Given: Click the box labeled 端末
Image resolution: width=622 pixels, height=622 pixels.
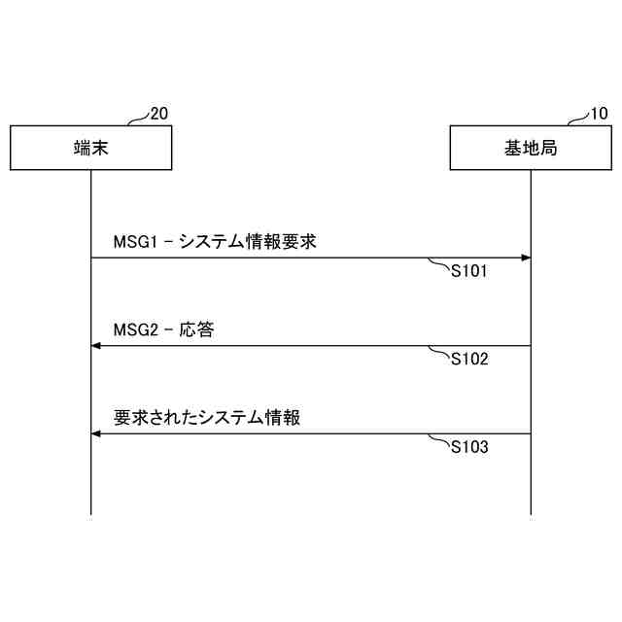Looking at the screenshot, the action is [x=90, y=148].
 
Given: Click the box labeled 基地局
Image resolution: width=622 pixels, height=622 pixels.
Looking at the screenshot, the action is [x=531, y=148].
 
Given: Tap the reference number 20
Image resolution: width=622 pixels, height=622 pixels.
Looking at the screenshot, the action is [x=158, y=114].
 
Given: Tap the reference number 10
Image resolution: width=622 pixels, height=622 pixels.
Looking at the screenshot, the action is [x=599, y=114].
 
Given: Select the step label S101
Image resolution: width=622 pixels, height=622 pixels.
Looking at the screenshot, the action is [x=468, y=272].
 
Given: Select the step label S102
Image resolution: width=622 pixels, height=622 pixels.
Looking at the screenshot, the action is [x=468, y=360].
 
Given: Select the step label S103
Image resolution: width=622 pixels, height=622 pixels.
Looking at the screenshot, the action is [x=468, y=448].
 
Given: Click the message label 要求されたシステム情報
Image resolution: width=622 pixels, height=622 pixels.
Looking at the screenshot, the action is [x=206, y=418].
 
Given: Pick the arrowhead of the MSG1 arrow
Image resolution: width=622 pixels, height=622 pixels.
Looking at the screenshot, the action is [x=526, y=258].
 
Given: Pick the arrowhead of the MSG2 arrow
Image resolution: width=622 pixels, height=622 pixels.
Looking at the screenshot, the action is [x=96, y=346].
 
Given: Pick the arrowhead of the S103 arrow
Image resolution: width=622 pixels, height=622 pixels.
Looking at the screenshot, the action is [x=96, y=433].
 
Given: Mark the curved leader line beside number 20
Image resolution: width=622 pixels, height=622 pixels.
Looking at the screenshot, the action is [x=138, y=119].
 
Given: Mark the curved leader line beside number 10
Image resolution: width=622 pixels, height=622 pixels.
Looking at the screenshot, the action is [x=578, y=119].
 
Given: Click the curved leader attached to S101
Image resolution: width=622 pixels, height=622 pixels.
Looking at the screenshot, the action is [x=440, y=264].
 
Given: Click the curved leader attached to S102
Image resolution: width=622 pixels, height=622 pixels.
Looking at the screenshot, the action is [x=440, y=352].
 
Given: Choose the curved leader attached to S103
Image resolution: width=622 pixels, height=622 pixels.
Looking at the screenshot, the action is [x=440, y=440].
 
